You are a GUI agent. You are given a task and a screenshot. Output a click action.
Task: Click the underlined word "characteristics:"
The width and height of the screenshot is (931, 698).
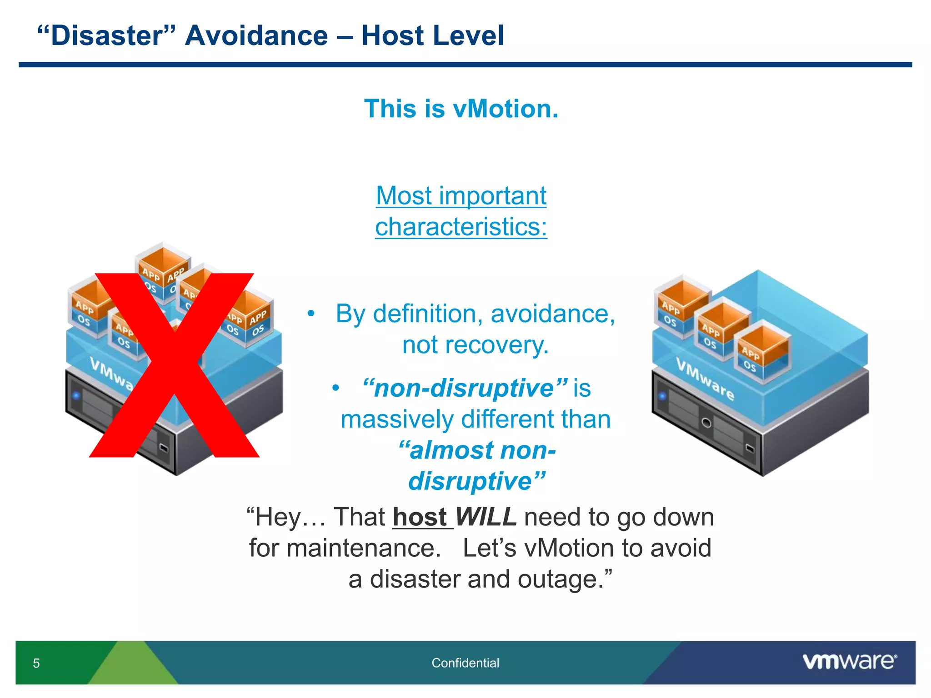pos(461,227)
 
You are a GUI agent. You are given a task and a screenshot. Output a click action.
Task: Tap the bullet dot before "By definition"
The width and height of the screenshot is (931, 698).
pos(311,314)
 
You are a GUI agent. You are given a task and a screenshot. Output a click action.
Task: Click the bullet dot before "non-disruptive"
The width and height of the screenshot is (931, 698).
pos(335,388)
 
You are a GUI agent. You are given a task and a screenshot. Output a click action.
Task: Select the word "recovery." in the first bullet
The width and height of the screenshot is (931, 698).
pos(476,345)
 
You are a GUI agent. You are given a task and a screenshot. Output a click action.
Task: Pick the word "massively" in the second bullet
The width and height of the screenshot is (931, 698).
pos(397,419)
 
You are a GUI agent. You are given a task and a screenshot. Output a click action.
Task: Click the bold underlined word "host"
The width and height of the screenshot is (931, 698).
pos(420,517)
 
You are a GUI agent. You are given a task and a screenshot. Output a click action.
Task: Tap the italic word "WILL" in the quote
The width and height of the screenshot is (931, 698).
pos(486,517)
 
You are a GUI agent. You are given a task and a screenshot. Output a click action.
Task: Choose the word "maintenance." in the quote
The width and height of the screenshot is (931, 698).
pos(364,548)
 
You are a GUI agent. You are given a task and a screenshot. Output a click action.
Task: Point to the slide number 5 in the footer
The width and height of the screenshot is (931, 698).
pos(36,663)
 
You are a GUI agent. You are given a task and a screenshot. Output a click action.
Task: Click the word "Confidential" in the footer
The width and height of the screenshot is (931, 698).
pos(465,663)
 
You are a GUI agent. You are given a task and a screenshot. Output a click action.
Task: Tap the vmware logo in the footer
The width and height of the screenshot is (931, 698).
pos(849,662)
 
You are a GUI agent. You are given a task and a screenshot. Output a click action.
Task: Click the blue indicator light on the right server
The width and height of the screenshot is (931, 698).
pos(662,396)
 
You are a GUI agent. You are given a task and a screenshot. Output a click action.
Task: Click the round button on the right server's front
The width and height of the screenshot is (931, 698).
pos(706,423)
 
